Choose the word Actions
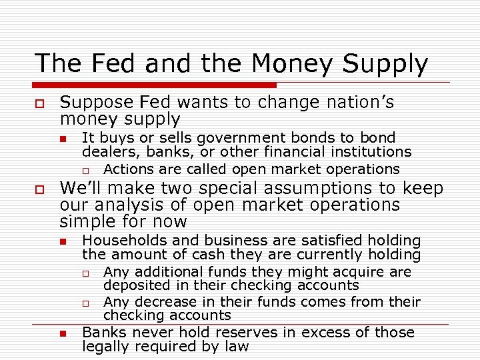[128, 169]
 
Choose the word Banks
[101, 332]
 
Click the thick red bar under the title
[155, 85]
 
